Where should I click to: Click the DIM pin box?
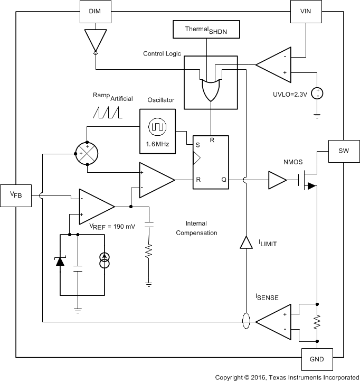pos(93,11)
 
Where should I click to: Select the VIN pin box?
pos(306,11)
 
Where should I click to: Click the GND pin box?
pos(317,360)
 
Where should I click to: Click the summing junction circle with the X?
pos(87,153)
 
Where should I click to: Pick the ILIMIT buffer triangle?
pos(245,243)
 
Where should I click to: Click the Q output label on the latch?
pos(224,180)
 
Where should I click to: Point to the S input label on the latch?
pos(198,144)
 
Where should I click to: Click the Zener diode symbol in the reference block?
pos(61,262)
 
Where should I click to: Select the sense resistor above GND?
pos(317,322)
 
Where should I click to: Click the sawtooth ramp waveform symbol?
pos(107,111)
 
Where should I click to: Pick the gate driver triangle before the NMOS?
pos(277,180)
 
